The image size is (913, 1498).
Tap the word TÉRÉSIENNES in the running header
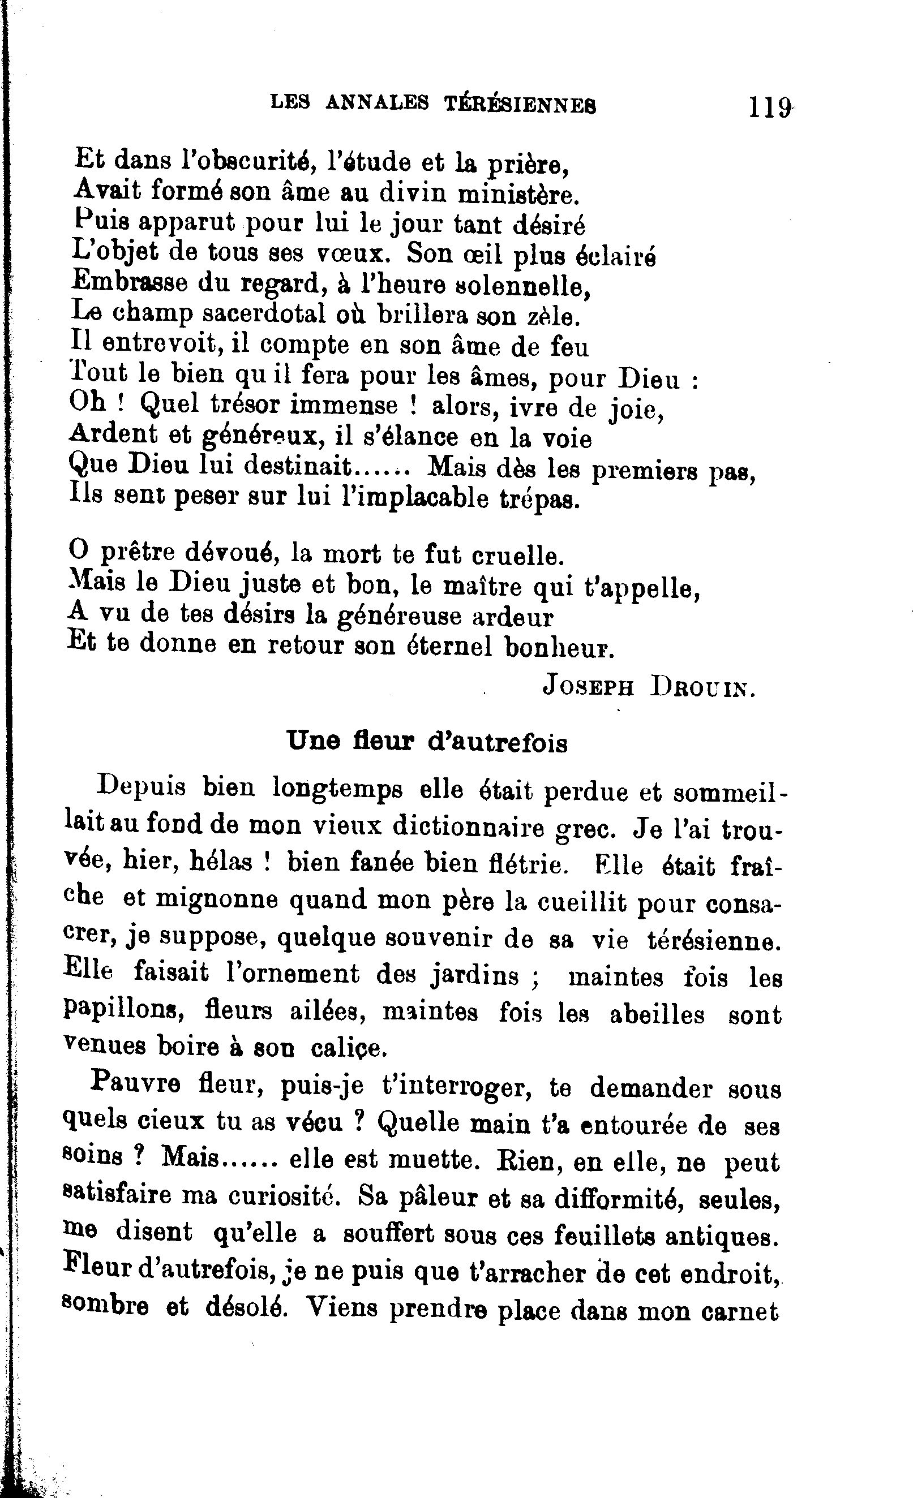(520, 105)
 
